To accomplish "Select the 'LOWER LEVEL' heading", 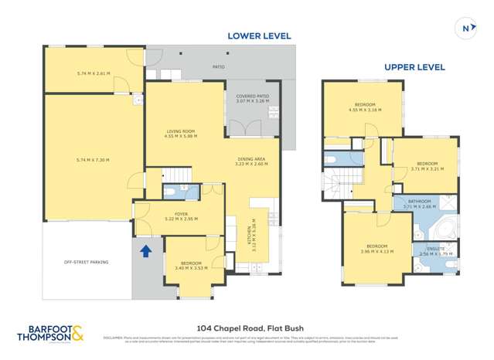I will (258, 36).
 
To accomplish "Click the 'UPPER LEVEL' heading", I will (414, 67).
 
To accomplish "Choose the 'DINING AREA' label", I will (250, 160).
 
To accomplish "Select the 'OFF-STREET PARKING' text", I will (86, 262).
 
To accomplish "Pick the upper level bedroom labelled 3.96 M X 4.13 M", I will (376, 248).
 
